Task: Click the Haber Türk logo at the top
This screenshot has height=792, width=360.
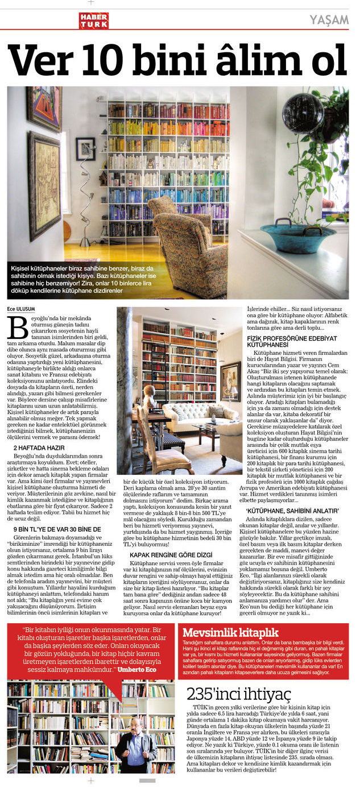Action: coord(93,21)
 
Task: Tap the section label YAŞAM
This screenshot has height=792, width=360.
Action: coord(329,20)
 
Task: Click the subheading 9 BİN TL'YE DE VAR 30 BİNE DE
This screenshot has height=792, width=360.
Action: coord(57,529)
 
